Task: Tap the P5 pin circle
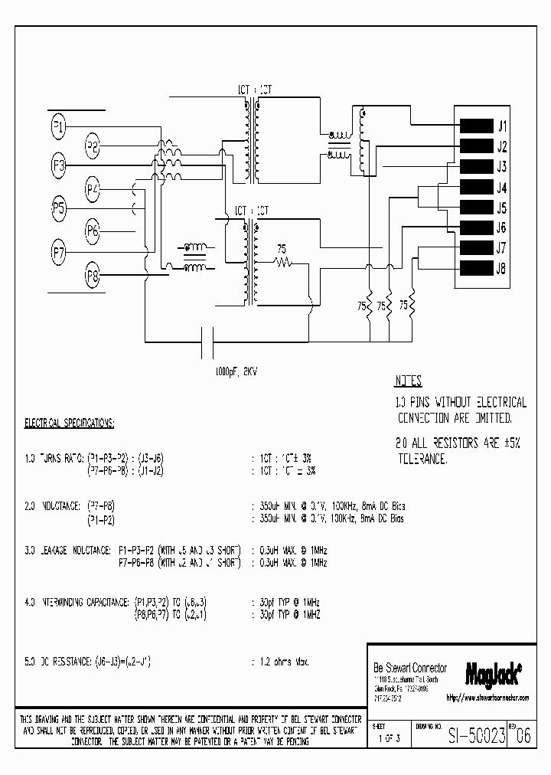[x=59, y=208]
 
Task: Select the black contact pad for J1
[x=475, y=126]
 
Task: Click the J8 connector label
[x=502, y=269]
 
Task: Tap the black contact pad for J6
[x=475, y=227]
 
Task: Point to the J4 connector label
[x=502, y=188]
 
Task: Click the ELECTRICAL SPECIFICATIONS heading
[x=70, y=423]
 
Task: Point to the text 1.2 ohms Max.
[x=280, y=660]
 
